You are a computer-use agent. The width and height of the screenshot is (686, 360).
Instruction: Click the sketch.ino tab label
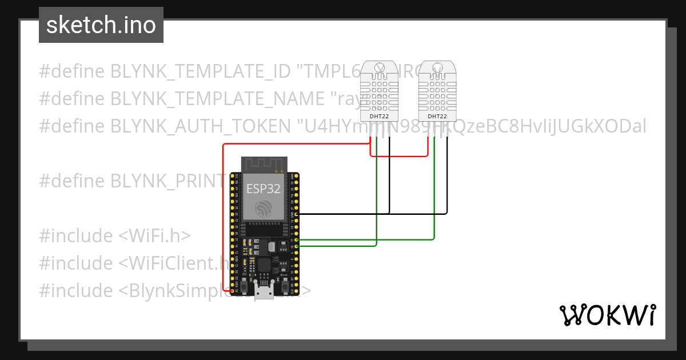(x=101, y=26)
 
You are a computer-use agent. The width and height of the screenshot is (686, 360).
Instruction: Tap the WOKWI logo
(x=607, y=315)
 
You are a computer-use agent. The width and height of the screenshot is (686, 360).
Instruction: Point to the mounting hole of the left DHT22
(x=378, y=69)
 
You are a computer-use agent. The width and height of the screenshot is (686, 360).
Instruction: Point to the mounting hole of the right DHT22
(x=437, y=69)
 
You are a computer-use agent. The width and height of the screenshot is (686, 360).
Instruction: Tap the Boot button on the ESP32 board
(x=284, y=283)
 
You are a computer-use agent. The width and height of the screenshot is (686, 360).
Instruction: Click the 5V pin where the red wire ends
(x=233, y=291)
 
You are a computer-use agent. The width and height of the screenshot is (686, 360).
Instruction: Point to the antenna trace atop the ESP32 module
(x=263, y=164)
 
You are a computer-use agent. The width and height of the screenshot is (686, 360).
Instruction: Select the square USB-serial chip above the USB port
(x=264, y=265)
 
